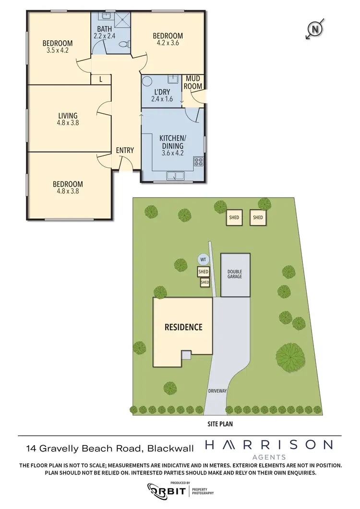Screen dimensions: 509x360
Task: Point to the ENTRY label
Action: pyautogui.click(x=125, y=150)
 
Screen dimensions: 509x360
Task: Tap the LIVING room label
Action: pyautogui.click(x=68, y=116)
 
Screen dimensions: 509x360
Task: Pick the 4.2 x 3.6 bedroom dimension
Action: pyautogui.click(x=168, y=43)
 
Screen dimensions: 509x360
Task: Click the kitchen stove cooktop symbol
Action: pyautogui.click(x=198, y=162)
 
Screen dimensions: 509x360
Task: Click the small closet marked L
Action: pyautogui.click(x=101, y=80)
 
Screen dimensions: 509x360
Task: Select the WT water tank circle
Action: pyautogui.click(x=204, y=260)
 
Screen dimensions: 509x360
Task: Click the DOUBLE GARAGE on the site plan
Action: pyautogui.click(x=235, y=274)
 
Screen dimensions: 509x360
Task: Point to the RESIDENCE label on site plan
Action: pyautogui.click(x=183, y=328)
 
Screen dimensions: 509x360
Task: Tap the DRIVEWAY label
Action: pyautogui.click(x=217, y=391)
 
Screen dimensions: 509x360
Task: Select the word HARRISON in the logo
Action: pyautogui.click(x=268, y=445)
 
